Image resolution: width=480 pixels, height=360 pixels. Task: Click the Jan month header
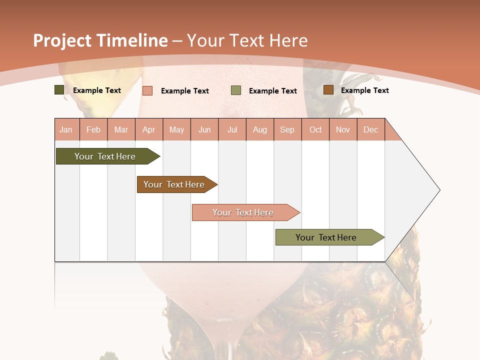click(x=66, y=129)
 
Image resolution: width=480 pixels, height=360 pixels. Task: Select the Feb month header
click(x=93, y=129)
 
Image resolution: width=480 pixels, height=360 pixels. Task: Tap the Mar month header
click(x=121, y=129)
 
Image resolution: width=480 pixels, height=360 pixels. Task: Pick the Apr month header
click(x=149, y=129)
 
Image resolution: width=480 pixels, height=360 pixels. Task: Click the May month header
click(x=176, y=129)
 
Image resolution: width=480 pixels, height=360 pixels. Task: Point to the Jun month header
click(x=204, y=129)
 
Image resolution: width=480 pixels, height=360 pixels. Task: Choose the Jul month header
click(x=232, y=129)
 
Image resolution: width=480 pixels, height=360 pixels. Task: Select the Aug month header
click(x=260, y=129)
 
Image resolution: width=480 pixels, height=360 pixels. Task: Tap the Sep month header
click(x=287, y=129)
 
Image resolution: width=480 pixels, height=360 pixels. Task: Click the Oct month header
click(x=315, y=129)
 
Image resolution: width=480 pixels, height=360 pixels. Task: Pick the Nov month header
click(x=343, y=129)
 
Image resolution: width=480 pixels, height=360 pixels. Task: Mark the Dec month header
click(x=371, y=129)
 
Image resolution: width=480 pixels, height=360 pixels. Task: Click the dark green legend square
click(x=59, y=90)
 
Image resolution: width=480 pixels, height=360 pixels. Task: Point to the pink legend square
click(x=147, y=90)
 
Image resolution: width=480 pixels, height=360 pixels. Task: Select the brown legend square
click(x=328, y=90)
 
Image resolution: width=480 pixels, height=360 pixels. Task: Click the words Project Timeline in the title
click(x=100, y=40)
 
